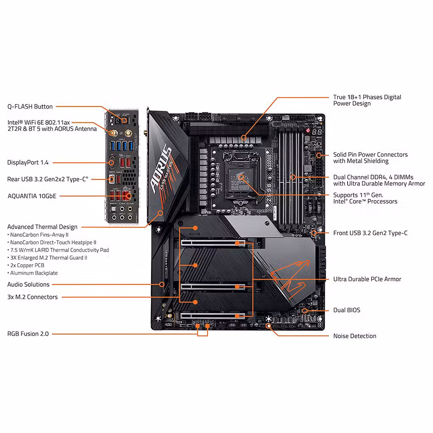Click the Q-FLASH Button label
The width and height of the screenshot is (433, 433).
30,107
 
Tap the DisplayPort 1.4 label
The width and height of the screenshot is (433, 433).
28,162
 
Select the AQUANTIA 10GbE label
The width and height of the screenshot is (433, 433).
32,196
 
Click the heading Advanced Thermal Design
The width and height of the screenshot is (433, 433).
42,227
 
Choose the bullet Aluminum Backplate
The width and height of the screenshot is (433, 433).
33,273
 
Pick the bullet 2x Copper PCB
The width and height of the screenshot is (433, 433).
29,266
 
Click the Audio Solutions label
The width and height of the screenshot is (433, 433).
28,285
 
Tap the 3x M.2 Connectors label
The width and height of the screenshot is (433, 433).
33,297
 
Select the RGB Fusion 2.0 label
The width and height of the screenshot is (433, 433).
28,334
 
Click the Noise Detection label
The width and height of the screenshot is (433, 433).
354,336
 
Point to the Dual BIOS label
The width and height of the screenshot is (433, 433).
347,310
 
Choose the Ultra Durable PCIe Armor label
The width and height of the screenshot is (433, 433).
367,279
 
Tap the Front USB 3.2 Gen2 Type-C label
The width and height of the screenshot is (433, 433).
370,233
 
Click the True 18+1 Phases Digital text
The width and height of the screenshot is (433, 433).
367,97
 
